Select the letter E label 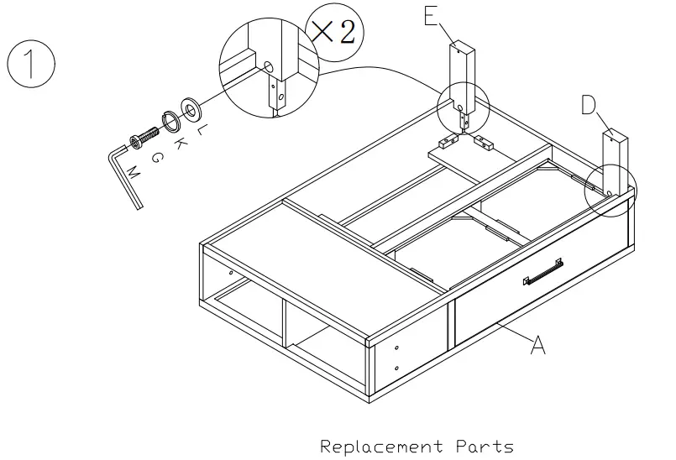[x=432, y=16]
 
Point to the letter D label [x=589, y=105]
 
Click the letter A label [x=538, y=345]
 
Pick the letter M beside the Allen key [x=133, y=174]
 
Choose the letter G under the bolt [x=156, y=157]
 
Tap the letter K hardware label [x=179, y=143]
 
